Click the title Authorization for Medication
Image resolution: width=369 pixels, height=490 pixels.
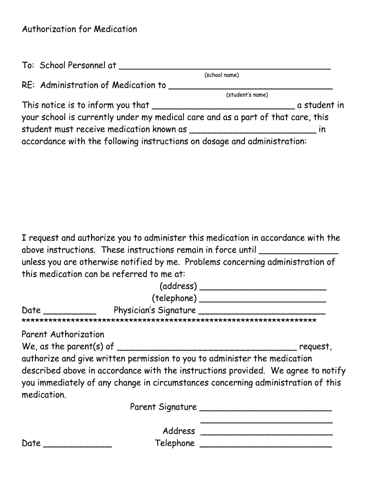point(79,29)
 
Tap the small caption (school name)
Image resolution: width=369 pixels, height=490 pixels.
point(221,75)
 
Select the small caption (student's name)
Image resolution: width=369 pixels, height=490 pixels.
point(247,95)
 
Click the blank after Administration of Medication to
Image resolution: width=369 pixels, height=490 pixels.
point(251,87)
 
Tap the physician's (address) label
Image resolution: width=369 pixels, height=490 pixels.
point(178,286)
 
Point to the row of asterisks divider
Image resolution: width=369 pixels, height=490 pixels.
point(169,321)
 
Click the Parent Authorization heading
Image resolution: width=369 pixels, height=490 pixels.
point(63,334)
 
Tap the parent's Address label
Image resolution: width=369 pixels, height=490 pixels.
point(179,431)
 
